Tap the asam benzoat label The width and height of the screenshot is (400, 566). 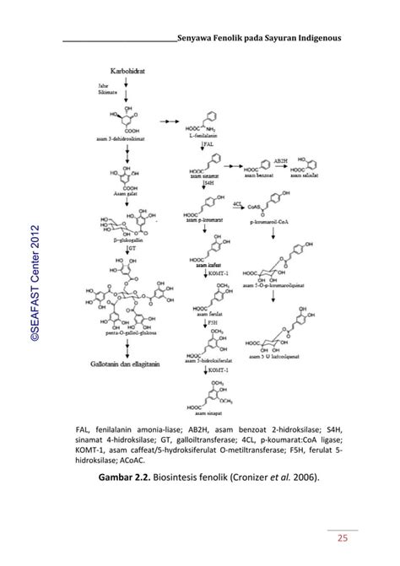tap(258, 176)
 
